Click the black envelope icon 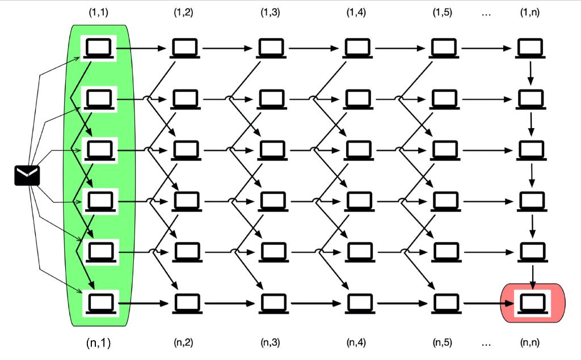(x=27, y=176)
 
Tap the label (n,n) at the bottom (x=530, y=342)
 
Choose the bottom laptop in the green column (x=100, y=302)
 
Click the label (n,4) (x=356, y=342)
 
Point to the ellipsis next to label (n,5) (x=486, y=342)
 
